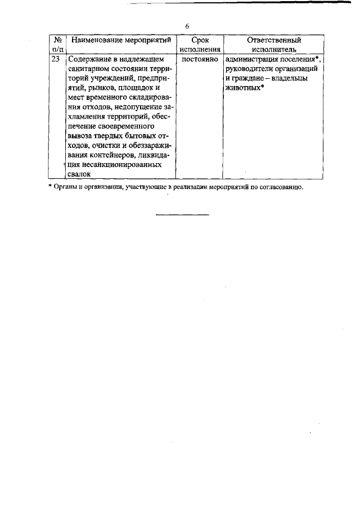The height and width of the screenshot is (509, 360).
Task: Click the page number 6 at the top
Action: pos(187,26)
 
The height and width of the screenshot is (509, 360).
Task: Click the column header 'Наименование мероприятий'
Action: pos(121,40)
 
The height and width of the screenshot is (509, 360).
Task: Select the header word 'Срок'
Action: pos(200,40)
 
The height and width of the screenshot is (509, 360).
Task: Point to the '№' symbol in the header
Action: pos(58,40)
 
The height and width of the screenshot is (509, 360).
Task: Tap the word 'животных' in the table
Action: pos(242,88)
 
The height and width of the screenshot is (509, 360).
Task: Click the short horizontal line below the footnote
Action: pos(182,214)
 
